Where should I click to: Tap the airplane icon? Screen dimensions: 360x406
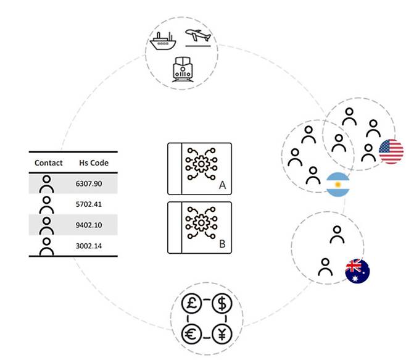point(198,37)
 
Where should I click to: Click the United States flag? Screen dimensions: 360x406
point(391,152)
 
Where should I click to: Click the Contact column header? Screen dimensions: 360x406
point(49,163)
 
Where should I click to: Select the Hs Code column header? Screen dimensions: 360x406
point(94,163)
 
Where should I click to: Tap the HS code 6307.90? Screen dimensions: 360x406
point(88,184)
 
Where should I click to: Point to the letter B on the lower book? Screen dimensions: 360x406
point(222,243)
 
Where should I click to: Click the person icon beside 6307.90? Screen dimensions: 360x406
point(46,184)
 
